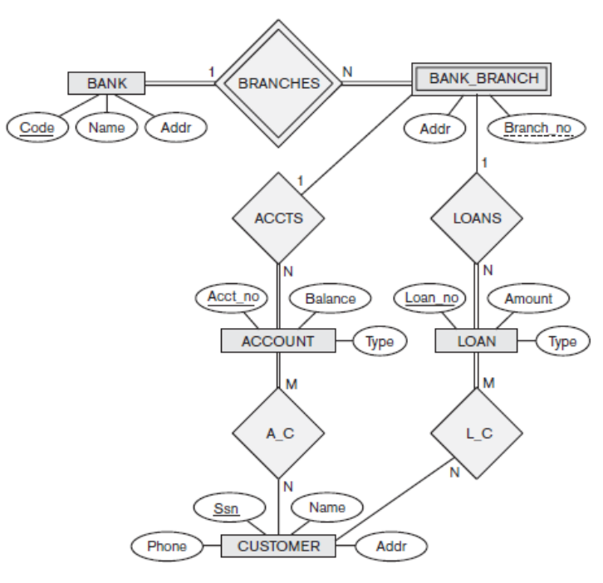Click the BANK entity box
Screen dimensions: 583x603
click(x=105, y=82)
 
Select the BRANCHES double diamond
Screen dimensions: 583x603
click(x=279, y=83)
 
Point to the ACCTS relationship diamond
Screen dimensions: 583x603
click(x=279, y=218)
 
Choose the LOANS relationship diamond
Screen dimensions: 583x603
click(x=477, y=218)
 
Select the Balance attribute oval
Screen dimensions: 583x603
click(x=329, y=297)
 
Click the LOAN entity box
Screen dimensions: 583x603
click(x=477, y=340)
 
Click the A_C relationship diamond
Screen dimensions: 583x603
click(x=279, y=434)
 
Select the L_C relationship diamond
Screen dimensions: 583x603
click(x=477, y=434)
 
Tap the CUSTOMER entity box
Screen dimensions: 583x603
click(x=279, y=546)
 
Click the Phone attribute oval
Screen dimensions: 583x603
click(x=167, y=546)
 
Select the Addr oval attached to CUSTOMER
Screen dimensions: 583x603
click(x=390, y=546)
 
